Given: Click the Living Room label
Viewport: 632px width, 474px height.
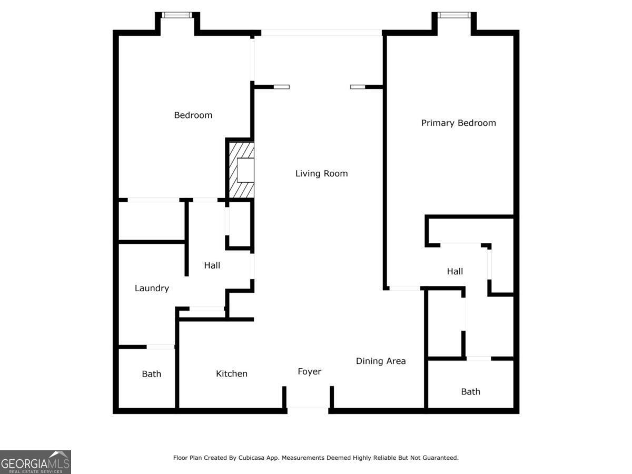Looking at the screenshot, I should click(321, 173).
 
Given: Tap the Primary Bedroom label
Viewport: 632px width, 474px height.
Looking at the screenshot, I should click(458, 123).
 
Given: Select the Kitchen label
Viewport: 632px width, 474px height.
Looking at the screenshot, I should click(231, 373).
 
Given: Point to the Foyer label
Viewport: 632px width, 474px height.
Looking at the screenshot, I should click(309, 371).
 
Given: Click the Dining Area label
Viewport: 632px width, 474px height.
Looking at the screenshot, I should click(381, 361).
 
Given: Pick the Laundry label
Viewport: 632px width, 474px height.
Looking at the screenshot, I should click(152, 288).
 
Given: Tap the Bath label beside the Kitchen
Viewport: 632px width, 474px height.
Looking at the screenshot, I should click(151, 374).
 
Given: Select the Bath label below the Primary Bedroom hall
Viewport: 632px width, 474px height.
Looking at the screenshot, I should click(470, 391).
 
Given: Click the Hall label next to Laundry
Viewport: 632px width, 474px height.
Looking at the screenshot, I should click(212, 265).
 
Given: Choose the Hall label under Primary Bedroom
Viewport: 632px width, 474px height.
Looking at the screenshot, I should click(455, 271).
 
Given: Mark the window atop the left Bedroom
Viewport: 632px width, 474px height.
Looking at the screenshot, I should click(177, 15).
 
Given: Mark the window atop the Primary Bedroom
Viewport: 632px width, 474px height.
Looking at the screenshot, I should click(453, 15).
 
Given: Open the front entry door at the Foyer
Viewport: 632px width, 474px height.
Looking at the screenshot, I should click(308, 408).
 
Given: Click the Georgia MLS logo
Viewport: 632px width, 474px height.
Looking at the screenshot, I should click(35, 462).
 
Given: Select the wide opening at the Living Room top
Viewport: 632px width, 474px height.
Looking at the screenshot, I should click(321, 33).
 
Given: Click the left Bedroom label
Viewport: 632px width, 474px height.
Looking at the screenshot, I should click(193, 115).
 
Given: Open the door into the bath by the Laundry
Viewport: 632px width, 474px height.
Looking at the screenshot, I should click(160, 347).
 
